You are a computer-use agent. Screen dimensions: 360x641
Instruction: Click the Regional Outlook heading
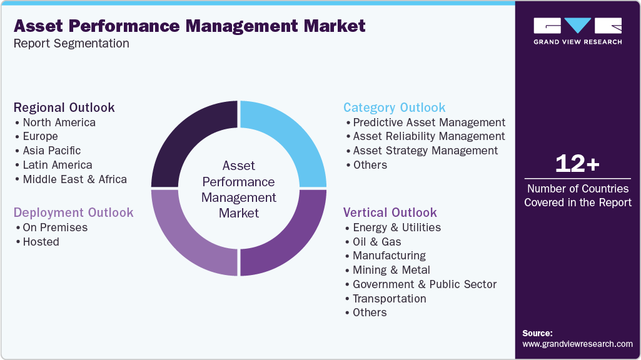pos(64,107)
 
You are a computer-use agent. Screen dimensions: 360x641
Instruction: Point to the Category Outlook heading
pos(394,107)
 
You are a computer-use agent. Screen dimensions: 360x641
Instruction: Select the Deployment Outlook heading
pos(73,212)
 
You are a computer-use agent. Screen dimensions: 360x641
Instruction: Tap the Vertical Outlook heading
pos(390,212)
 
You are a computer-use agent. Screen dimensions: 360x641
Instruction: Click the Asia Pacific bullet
pos(51,151)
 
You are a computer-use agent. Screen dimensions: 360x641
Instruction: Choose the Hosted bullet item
pos(41,242)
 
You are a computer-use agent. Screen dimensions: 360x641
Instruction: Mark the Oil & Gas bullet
pos(376,242)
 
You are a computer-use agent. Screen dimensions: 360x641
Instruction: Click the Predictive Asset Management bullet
pos(428,122)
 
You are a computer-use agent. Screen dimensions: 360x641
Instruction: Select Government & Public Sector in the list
pos(424,284)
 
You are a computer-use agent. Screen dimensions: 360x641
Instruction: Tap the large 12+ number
pos(577,164)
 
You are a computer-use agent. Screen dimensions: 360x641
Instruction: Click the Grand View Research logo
pos(577,31)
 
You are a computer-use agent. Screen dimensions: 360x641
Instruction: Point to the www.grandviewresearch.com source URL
pos(577,344)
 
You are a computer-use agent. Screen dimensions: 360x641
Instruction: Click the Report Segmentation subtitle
pos(71,44)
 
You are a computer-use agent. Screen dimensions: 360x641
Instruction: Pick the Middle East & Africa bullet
pos(74,179)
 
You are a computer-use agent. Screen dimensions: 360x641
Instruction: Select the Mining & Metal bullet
pos(391,270)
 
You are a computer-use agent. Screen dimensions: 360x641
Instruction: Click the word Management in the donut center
pos(238,197)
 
